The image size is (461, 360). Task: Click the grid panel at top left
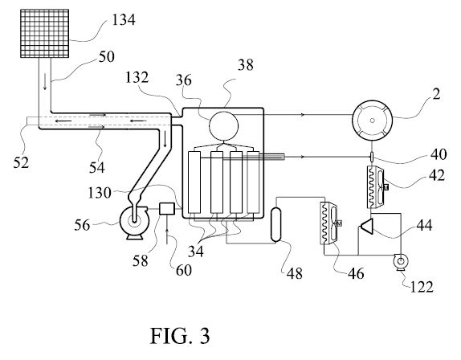click(45, 33)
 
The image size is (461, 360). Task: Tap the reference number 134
click(124, 20)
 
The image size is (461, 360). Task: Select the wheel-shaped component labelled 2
click(372, 120)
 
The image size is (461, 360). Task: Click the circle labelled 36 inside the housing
click(223, 125)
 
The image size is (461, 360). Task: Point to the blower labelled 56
click(133, 223)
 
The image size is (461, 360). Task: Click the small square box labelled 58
click(167, 209)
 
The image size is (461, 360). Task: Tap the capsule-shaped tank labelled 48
click(276, 225)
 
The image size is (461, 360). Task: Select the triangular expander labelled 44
click(366, 226)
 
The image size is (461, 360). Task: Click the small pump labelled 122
click(400, 261)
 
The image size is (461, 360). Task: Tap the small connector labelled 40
click(372, 157)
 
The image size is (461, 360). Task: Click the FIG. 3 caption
click(180, 336)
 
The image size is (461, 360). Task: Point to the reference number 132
click(137, 78)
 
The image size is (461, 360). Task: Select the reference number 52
click(21, 162)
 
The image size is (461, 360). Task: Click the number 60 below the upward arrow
click(184, 270)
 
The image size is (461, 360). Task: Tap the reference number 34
click(196, 252)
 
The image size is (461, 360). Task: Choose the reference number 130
click(100, 193)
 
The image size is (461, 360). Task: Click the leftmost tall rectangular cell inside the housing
click(194, 182)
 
